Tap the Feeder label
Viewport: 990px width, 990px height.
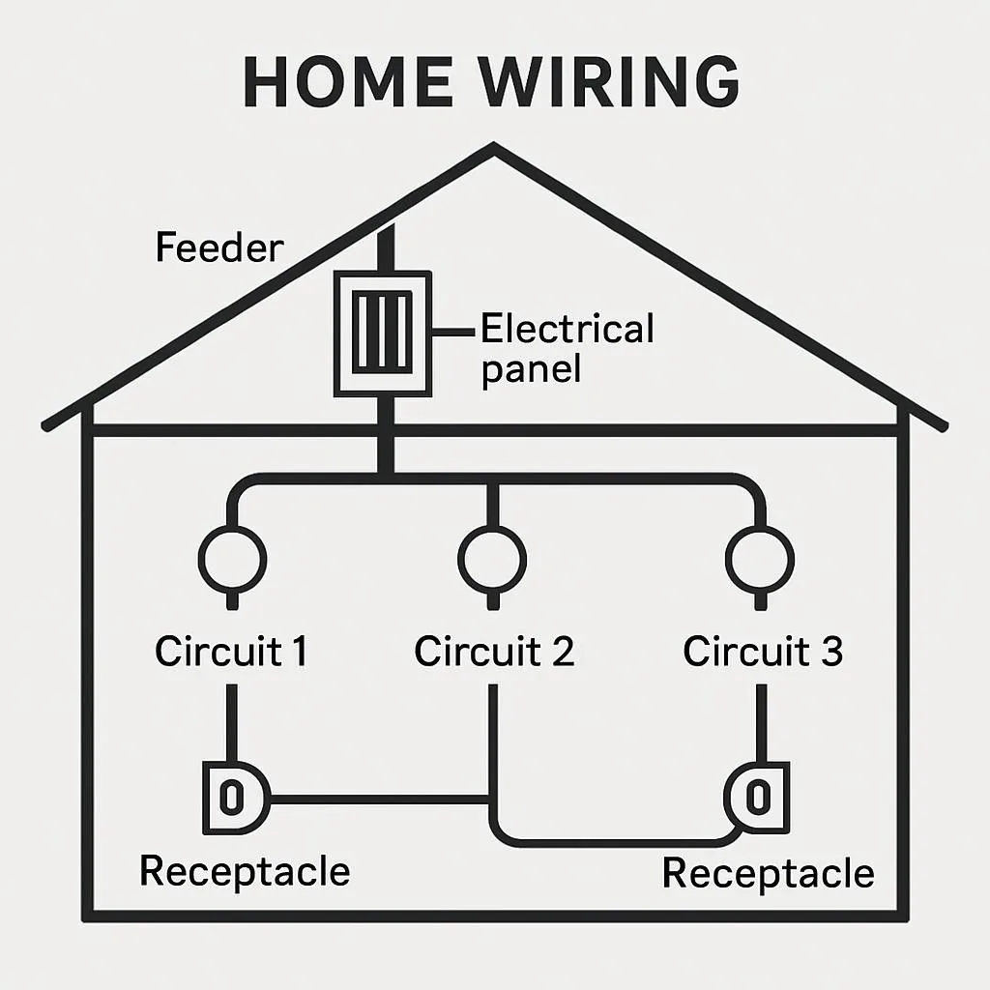point(219,248)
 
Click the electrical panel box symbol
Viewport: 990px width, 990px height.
point(383,334)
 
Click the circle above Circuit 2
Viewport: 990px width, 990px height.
point(493,558)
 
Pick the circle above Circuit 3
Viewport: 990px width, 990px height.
point(760,558)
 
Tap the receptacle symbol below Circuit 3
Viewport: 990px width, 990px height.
point(758,798)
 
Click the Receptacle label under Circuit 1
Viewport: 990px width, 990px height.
point(245,871)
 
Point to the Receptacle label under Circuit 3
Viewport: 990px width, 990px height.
point(768,873)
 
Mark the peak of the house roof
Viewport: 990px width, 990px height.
point(494,148)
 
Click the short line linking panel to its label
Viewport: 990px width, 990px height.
point(455,332)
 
